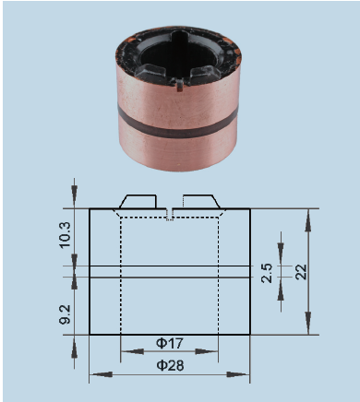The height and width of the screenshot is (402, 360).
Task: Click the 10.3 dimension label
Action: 66,235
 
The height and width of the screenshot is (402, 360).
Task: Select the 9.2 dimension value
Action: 66,314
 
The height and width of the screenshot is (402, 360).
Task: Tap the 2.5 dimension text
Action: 267,273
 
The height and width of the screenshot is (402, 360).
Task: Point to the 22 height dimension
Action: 301,272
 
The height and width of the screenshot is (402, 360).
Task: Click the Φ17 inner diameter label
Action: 170,343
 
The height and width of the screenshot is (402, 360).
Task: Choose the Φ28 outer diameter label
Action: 170,366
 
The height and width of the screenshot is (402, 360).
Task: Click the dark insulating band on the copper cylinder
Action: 178,123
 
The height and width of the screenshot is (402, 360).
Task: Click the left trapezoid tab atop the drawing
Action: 138,201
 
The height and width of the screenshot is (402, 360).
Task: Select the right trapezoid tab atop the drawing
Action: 201,201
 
